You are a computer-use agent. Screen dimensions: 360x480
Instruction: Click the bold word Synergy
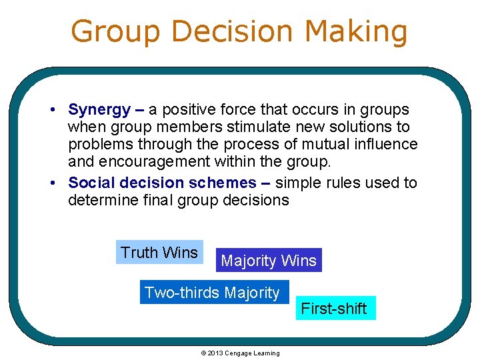100,109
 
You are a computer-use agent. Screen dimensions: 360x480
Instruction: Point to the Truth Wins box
159,252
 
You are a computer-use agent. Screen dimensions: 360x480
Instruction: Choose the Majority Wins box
269,260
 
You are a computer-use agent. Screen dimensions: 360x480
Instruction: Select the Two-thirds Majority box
212,292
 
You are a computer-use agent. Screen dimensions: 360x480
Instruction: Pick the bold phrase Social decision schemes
162,183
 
